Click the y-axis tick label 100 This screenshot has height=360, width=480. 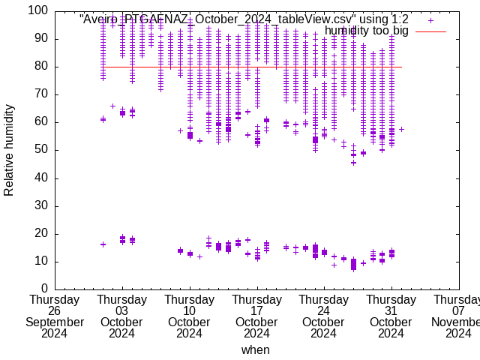[38, 11]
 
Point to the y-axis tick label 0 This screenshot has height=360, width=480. [44, 289]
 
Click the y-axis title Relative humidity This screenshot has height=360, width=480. [9, 150]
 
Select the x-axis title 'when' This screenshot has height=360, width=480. [256, 349]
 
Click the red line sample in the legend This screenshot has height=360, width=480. [430, 31]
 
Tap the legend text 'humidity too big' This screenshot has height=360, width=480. [367, 31]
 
